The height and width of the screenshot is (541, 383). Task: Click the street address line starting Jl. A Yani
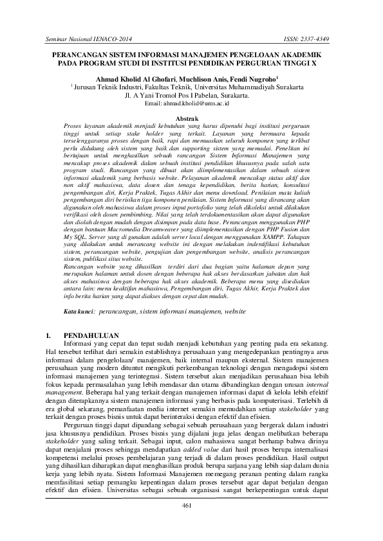[191, 94]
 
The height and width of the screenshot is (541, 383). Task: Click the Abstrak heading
[191, 112]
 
